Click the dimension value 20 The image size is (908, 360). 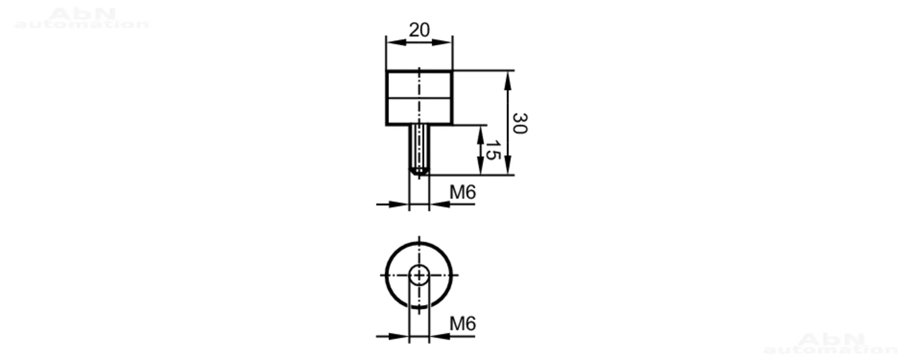(x=419, y=30)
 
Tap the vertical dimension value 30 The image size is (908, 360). (x=520, y=123)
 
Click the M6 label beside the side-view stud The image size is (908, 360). (x=463, y=192)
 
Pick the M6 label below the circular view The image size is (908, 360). (x=463, y=324)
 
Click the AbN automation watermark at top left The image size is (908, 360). (x=82, y=18)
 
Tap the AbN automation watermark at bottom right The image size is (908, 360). (x=831, y=344)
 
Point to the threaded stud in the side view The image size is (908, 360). (x=419, y=150)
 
